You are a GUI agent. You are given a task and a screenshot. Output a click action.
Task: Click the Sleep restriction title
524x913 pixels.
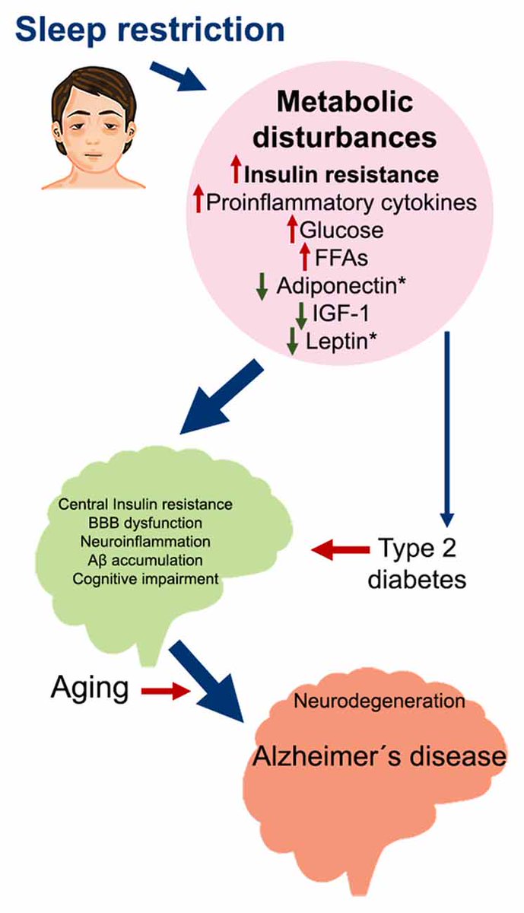149,30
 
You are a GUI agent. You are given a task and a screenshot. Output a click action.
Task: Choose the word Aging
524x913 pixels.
90,689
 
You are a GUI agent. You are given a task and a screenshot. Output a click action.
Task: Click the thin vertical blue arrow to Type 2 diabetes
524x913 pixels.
447,426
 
